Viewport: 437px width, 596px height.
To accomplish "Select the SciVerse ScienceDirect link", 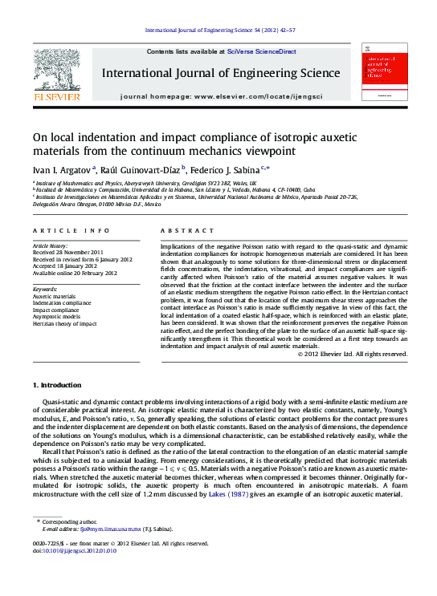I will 262,51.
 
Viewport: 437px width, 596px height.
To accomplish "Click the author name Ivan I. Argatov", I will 62,169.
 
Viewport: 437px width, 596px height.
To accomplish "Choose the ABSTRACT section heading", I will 178,230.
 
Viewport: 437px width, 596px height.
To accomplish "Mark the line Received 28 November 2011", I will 67,253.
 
